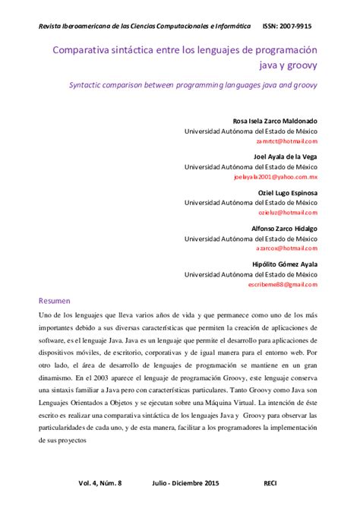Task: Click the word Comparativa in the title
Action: click(x=82, y=49)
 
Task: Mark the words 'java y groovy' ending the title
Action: click(x=287, y=65)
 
